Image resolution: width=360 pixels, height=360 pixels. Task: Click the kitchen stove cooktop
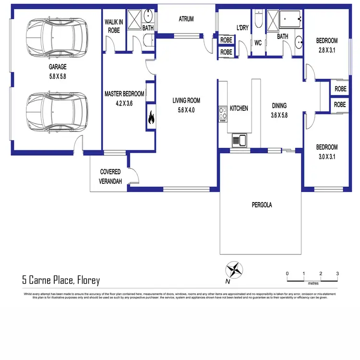tap(223, 114)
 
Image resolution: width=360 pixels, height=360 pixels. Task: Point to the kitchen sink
tap(239, 140)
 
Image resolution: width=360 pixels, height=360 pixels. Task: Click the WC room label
tap(258, 43)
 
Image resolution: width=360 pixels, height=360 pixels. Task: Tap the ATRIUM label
tap(186, 20)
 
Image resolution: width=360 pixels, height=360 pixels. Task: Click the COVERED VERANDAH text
tap(110, 176)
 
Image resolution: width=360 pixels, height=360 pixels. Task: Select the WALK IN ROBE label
tap(114, 26)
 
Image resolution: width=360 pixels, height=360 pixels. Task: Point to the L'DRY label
tap(242, 27)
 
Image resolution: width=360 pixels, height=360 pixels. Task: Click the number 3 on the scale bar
tap(337, 274)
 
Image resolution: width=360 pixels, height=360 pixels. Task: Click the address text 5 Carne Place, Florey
tap(61, 280)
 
